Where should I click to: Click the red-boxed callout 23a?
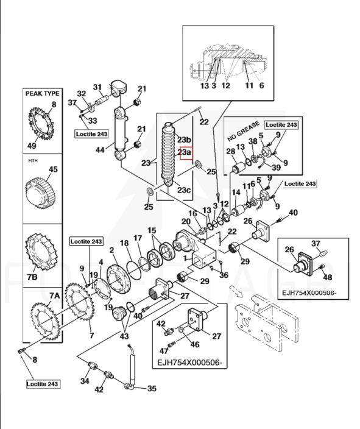point(186,153)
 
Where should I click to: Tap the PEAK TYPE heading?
point(43,94)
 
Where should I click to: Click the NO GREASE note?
point(243,131)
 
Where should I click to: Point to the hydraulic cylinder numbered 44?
point(121,133)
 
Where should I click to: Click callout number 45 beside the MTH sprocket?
point(53,169)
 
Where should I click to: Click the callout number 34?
point(85,381)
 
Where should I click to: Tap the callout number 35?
point(152,388)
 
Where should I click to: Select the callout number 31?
point(97,87)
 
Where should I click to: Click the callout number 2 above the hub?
point(111,250)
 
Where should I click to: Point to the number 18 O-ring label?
point(124,243)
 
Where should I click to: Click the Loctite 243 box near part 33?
point(91,134)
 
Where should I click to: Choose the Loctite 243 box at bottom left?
point(43,384)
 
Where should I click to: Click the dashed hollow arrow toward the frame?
point(236,291)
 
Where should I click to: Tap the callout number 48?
point(328,277)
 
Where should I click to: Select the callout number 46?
point(195,344)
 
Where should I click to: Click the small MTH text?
point(33,161)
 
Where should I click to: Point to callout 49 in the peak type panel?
point(32,146)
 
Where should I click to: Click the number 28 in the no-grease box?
point(231,151)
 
